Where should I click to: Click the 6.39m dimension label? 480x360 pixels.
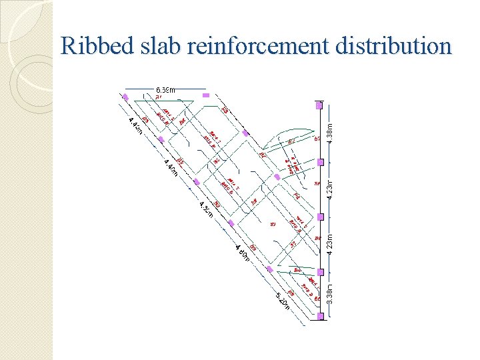tap(165, 89)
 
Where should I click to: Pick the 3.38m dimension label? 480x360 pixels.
tap(331, 293)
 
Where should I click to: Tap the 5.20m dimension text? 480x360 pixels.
tap(283, 302)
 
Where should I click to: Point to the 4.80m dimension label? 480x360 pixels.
tap(242, 253)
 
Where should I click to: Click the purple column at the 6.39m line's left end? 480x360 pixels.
tap(125, 97)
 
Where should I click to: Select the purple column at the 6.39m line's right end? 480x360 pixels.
tap(206, 95)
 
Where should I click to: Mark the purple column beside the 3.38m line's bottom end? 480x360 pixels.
tap(321, 316)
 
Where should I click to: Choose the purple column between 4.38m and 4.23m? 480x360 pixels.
tap(321, 162)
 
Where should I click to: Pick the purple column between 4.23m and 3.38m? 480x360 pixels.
tap(321, 272)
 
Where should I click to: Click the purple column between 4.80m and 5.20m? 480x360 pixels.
tap(270, 269)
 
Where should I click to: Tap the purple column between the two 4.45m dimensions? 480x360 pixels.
tap(161, 140)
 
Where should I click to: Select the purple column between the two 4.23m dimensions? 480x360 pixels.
tap(321, 217)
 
